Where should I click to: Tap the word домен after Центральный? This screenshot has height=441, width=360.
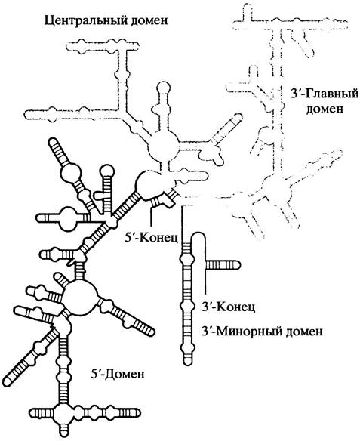[149, 21]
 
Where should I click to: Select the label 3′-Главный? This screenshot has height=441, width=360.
[325, 94]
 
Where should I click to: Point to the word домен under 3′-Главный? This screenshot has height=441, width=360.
[325, 109]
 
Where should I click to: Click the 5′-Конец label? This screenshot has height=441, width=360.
[151, 238]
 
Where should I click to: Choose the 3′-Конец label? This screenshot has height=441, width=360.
[229, 307]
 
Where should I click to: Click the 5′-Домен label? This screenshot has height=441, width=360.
[118, 375]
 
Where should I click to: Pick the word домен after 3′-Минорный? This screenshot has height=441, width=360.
[303, 332]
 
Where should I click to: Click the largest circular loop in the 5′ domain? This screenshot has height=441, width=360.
[79, 296]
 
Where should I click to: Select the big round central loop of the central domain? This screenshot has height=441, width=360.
[163, 146]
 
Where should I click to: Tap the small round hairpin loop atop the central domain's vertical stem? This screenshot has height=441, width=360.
[163, 89]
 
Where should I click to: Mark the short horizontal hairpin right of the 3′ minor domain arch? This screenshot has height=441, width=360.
[223, 265]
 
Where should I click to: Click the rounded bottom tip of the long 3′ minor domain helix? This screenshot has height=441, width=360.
[187, 362]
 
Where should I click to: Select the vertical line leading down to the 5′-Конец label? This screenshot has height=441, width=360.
[152, 215]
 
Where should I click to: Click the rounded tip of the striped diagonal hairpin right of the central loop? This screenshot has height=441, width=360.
[239, 117]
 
